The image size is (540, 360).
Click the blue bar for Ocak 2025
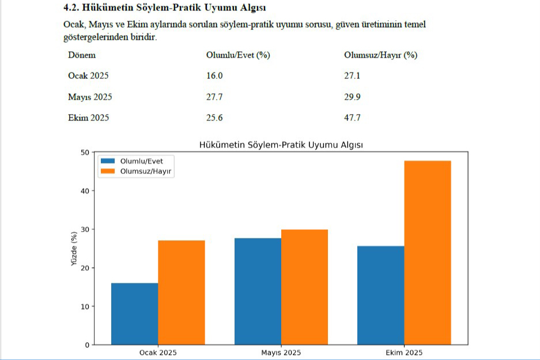click(x=134, y=314)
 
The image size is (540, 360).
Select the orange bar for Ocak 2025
click(x=181, y=293)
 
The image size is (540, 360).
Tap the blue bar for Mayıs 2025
click(x=258, y=291)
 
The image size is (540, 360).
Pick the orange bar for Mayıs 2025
click(x=304, y=287)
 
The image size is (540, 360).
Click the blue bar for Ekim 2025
click(x=381, y=295)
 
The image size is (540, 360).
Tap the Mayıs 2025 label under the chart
click(x=281, y=353)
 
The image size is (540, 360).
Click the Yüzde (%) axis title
click(x=73, y=248)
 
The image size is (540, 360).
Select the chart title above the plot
click(x=281, y=145)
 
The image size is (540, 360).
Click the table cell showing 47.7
click(x=352, y=118)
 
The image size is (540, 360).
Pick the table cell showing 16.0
click(x=214, y=76)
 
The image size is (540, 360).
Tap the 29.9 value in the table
click(x=352, y=97)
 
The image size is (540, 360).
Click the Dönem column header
click(x=82, y=55)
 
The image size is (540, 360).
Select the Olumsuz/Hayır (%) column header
click(x=380, y=55)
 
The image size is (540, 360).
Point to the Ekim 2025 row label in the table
click(x=88, y=118)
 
